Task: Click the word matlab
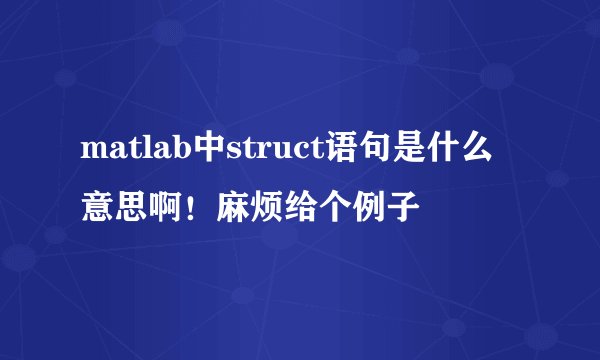point(138,153)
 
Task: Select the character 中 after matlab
point(213,153)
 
